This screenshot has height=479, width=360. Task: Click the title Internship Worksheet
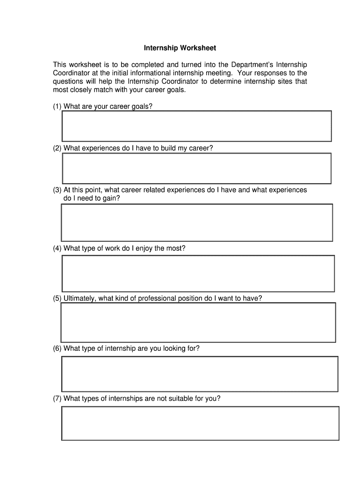180,48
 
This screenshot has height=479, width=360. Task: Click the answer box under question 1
197,126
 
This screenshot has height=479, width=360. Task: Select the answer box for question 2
197,168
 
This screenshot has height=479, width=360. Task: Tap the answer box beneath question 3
197,223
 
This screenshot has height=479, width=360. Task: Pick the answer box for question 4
198,273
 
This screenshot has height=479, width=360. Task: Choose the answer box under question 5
198,322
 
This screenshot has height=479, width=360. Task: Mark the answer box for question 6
200,374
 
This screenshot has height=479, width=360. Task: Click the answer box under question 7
200,423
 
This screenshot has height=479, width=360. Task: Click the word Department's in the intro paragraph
252,65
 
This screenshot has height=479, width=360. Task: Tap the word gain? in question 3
110,198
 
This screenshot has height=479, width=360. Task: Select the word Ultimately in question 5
80,298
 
